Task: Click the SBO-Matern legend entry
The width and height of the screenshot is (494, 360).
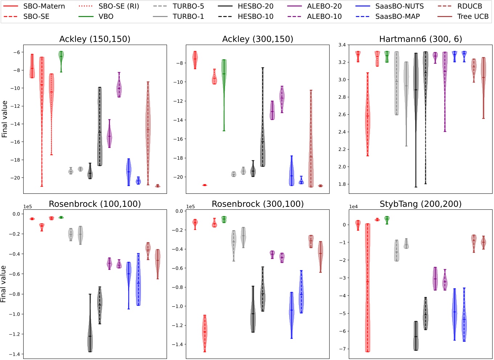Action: (x=44, y=6)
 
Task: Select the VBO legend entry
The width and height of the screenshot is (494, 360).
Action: (x=106, y=16)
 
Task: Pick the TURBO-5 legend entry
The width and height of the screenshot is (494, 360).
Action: (x=188, y=6)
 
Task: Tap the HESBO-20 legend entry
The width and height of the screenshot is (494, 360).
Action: (x=256, y=6)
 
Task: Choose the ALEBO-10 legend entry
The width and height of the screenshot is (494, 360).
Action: (x=324, y=16)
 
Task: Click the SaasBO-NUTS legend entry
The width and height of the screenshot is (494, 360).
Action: (x=399, y=6)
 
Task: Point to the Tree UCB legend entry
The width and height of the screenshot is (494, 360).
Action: (x=473, y=16)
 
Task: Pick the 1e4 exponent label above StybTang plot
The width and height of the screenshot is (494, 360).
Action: (x=354, y=206)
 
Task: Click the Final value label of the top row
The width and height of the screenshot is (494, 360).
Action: (x=5, y=119)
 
